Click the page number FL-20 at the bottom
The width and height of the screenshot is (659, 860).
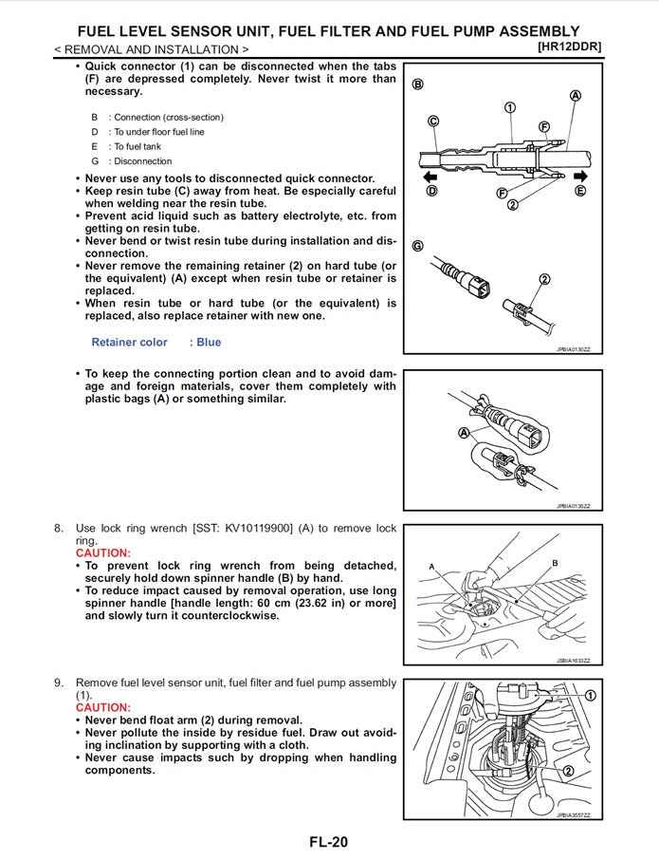(x=328, y=841)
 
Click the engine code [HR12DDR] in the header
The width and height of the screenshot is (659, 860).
(x=568, y=47)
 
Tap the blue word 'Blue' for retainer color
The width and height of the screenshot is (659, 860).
(x=209, y=343)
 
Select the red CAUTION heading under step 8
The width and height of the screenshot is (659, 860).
(x=103, y=552)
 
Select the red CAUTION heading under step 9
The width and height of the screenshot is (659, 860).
(x=103, y=707)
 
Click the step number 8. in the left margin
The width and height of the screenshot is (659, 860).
(x=59, y=528)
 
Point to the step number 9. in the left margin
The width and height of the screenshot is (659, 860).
(x=59, y=682)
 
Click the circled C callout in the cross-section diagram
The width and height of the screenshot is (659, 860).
(x=433, y=122)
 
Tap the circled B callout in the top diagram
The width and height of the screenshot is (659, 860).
(x=417, y=84)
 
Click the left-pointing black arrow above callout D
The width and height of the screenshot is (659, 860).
(x=430, y=177)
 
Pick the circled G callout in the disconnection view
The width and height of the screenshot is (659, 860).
(x=417, y=246)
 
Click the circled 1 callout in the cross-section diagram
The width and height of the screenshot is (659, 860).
(x=509, y=107)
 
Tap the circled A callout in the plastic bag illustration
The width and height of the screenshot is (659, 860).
(x=465, y=433)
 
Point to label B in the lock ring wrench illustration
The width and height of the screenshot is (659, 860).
(x=555, y=563)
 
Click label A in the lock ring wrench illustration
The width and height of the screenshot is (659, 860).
(x=431, y=567)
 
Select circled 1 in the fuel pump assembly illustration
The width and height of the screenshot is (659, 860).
(x=590, y=696)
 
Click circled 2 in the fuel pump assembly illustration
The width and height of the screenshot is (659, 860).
(x=568, y=771)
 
